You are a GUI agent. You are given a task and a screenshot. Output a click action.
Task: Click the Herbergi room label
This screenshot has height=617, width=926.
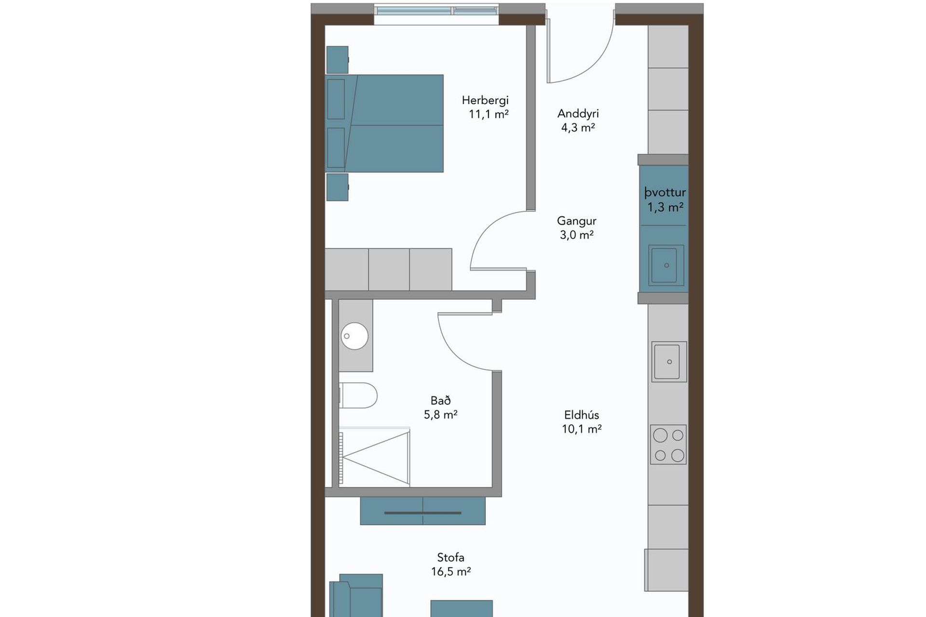[x=485, y=100]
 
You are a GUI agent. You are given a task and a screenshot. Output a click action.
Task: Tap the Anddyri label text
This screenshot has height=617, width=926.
[x=578, y=114]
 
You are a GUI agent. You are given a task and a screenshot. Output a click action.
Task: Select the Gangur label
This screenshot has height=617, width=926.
[x=577, y=221]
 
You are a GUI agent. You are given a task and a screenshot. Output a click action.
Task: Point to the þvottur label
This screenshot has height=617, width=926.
[x=665, y=193]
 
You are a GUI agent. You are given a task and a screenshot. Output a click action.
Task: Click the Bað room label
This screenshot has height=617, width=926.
[x=441, y=401]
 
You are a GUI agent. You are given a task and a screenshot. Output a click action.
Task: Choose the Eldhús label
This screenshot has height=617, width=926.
[x=582, y=415]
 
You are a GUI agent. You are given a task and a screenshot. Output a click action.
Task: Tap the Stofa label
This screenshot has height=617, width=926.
[x=450, y=558]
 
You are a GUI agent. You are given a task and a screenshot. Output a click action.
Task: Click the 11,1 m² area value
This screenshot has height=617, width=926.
[x=489, y=114]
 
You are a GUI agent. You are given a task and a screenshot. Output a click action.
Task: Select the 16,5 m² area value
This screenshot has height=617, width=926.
[x=451, y=572]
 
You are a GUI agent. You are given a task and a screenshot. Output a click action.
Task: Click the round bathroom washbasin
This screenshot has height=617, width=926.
[x=354, y=336]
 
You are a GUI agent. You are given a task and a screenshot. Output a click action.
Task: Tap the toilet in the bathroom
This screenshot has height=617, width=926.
[x=358, y=395]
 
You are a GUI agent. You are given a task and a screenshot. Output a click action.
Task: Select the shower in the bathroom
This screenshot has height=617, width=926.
[x=375, y=456]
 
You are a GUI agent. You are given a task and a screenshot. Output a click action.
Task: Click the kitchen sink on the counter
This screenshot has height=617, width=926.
[x=669, y=362]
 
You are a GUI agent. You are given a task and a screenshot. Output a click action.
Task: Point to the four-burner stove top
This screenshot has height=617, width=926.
[x=668, y=444]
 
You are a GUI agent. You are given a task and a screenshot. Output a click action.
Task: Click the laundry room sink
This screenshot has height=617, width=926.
[x=666, y=265]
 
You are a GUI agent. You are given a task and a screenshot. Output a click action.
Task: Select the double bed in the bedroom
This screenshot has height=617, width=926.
[x=384, y=123]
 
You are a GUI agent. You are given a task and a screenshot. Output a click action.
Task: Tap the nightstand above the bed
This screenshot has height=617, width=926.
[x=337, y=60]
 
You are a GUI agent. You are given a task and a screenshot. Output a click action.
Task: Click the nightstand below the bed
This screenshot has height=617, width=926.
[x=337, y=187]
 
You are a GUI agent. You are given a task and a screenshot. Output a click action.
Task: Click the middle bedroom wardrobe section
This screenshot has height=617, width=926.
[x=389, y=269]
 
